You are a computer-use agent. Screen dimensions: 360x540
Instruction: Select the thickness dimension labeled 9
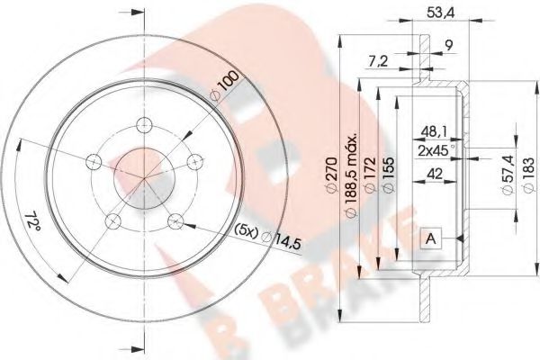[x=447, y=46]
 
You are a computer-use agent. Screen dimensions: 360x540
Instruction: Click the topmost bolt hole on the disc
[x=143, y=125]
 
